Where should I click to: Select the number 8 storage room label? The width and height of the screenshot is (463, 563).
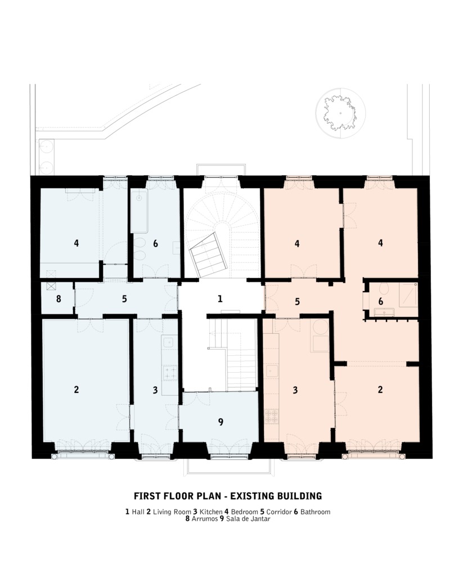[59, 300]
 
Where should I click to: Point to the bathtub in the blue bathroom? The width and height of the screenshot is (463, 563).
[139, 211]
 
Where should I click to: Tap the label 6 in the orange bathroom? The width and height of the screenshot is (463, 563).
[380, 302]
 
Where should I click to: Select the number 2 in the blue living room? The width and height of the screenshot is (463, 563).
[77, 389]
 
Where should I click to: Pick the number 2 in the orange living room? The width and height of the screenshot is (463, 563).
[381, 389]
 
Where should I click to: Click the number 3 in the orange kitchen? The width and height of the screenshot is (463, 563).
[295, 389]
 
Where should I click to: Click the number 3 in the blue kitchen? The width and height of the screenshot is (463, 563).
[155, 389]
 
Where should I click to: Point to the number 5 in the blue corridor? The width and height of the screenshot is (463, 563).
[125, 300]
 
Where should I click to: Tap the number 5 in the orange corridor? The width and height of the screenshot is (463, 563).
[297, 302]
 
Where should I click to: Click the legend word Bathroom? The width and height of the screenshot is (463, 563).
[315, 512]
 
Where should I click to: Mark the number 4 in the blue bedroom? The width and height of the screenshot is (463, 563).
[76, 243]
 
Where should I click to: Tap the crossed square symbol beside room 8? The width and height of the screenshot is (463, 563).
[51, 286]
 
